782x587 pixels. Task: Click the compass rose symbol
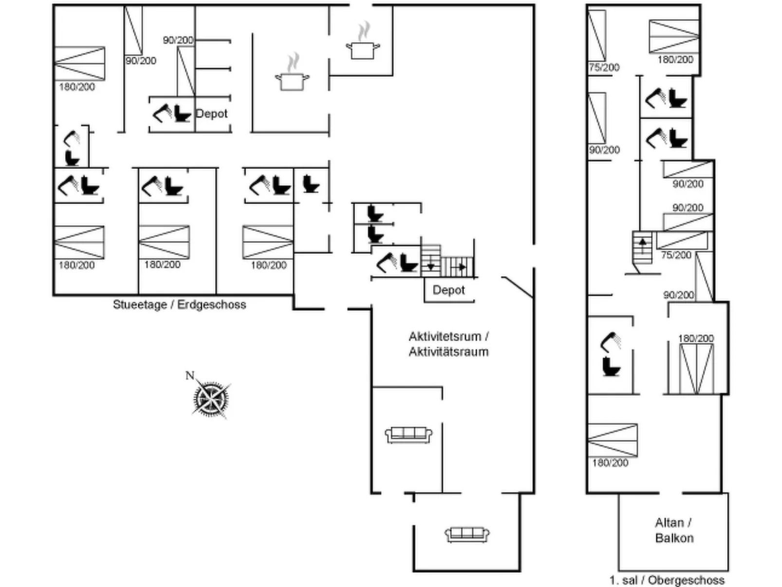point(211,399)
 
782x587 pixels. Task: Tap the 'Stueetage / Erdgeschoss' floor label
point(179,305)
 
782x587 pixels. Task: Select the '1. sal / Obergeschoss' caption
point(667,580)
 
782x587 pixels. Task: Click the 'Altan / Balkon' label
point(674,530)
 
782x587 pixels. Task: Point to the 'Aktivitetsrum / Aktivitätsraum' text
point(448,344)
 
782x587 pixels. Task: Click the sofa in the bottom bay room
point(467,534)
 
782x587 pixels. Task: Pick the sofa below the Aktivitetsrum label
point(409,435)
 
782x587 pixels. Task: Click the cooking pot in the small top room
point(363,48)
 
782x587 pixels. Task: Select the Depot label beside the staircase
point(448,290)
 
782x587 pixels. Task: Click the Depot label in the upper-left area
point(211,114)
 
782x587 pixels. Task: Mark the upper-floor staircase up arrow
point(643,244)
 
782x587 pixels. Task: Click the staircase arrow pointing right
point(460,267)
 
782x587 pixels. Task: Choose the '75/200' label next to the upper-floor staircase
point(676,255)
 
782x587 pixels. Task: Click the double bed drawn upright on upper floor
point(696,368)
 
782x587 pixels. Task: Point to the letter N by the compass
point(190,376)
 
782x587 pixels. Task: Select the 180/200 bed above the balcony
point(612,440)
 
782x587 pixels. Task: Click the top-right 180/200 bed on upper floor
point(674,36)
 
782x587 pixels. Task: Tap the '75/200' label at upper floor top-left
point(604,67)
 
